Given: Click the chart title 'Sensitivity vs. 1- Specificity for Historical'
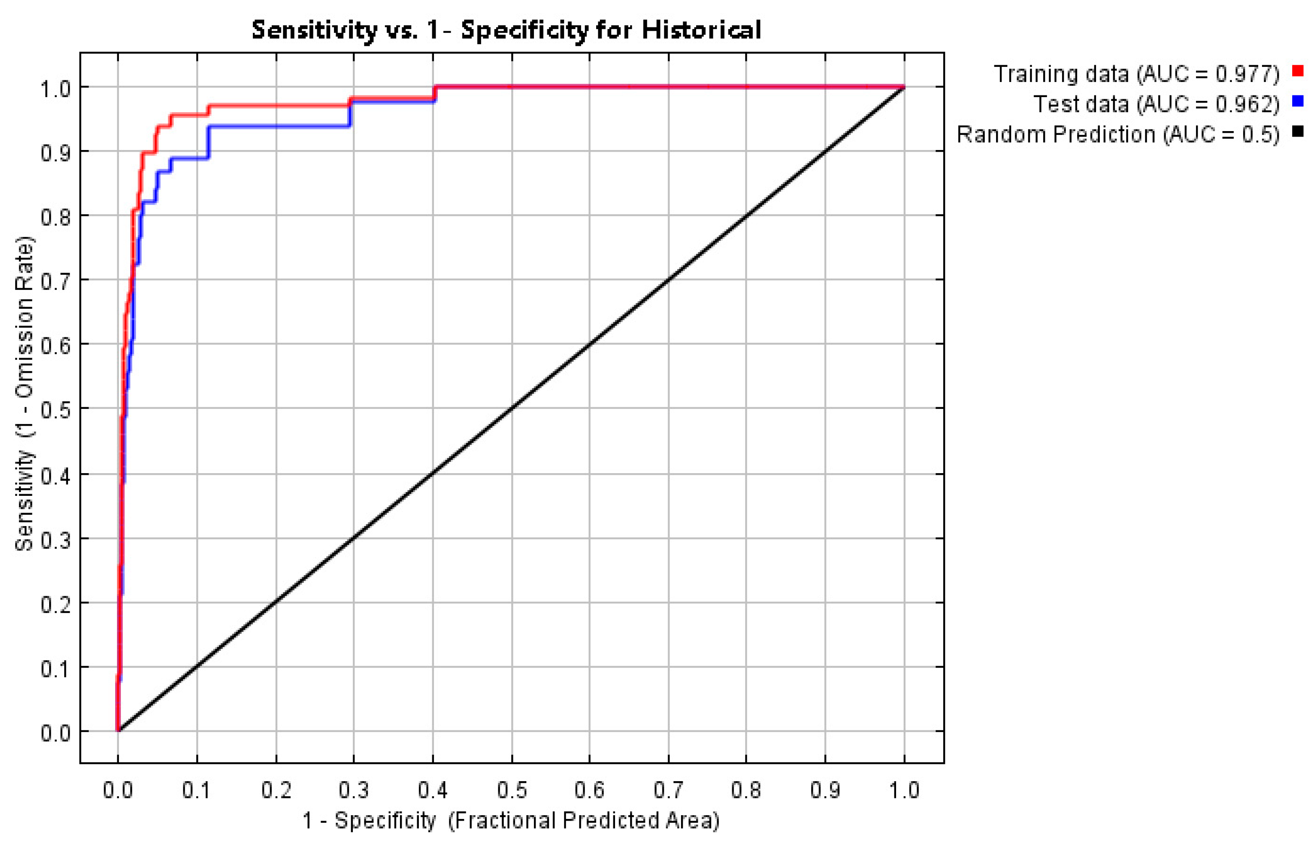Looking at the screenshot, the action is pyautogui.click(x=506, y=30).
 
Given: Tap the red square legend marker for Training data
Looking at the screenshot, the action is pyautogui.click(x=1298, y=71).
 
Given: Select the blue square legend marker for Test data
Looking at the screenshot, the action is pyautogui.click(x=1298, y=101).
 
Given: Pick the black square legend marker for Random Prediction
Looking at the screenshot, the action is pyautogui.click(x=1298, y=131).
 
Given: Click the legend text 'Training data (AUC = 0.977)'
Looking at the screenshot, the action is pyautogui.click(x=1136, y=74).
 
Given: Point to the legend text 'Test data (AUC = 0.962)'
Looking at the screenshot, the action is pyautogui.click(x=1156, y=104).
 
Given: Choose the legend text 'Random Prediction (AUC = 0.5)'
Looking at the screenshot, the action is pyautogui.click(x=1118, y=134).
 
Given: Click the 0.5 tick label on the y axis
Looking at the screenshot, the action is pyautogui.click(x=56, y=409).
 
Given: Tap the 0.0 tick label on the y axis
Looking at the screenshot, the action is pyautogui.click(x=56, y=732).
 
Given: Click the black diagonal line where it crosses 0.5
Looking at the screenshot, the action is pyautogui.click(x=512, y=408).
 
